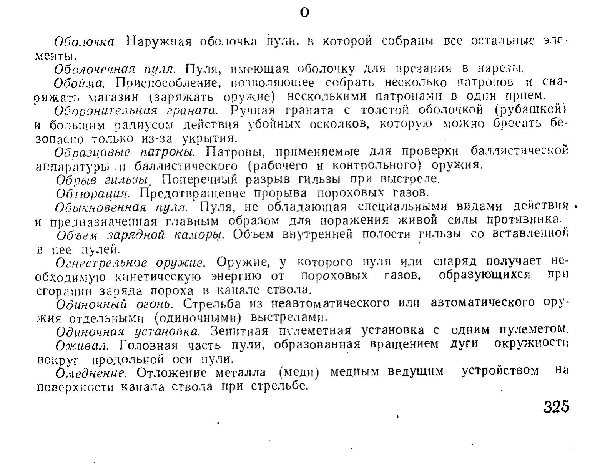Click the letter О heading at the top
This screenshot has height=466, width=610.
click(304, 13)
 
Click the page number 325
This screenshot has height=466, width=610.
click(556, 407)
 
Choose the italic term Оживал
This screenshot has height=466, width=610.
click(81, 345)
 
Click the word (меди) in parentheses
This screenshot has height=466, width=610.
click(299, 372)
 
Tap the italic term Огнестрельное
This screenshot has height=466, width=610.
click(102, 263)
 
